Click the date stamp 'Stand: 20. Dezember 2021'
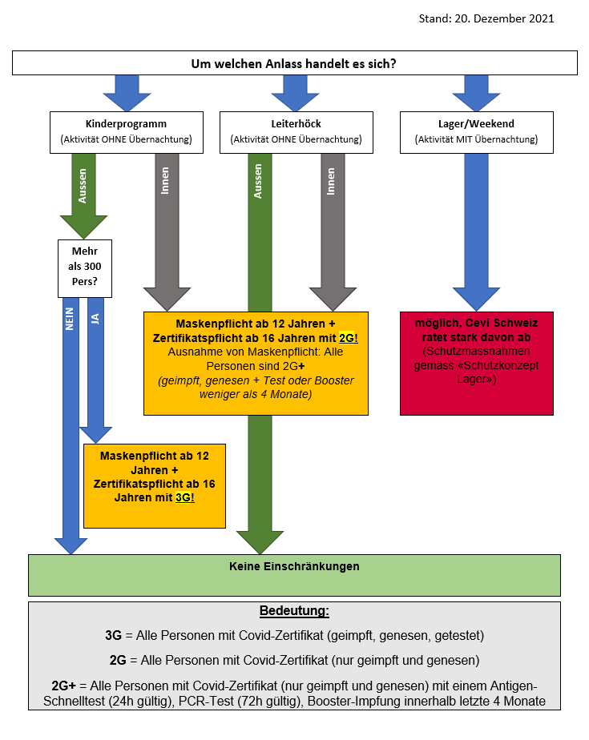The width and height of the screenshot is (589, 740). tap(486, 18)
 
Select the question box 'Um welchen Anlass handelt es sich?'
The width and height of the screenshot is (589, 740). tap(295, 62)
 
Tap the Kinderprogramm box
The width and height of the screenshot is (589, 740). tap(127, 132)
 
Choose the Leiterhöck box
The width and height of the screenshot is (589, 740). tap(297, 132)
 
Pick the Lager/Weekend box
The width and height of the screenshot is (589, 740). tap(477, 132)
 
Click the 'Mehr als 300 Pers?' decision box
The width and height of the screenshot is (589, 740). tap(85, 268)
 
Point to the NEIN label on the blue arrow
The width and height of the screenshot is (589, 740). tap(70, 319)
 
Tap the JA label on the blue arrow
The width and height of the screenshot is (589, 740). tap(95, 319)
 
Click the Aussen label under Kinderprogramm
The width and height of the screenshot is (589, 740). tap(83, 186)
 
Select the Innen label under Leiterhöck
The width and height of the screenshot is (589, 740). tap(331, 181)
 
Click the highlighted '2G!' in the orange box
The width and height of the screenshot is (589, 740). tap(349, 338)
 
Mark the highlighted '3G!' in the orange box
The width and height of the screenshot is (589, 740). tap(184, 497)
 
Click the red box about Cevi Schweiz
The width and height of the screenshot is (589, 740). tap(477, 364)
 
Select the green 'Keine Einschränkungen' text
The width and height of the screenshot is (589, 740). tap(294, 566)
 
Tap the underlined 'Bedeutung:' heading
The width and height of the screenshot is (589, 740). tap(294, 611)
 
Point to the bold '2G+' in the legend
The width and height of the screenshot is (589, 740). tap(64, 686)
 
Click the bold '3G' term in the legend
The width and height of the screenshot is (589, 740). tap(113, 635)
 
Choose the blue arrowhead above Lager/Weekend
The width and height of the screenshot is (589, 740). tap(476, 102)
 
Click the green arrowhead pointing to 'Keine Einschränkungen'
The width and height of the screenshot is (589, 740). tap(260, 542)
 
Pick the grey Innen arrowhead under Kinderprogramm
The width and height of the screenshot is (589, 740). tap(167, 300)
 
